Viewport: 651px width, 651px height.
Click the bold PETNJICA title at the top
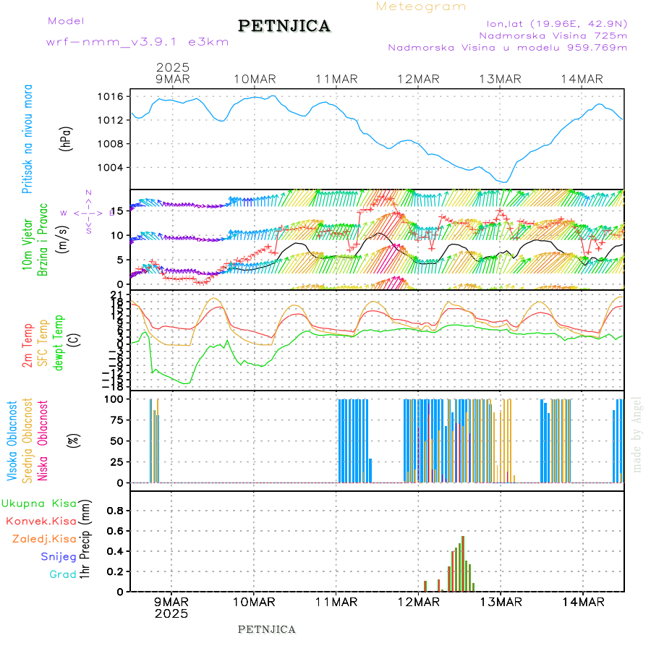[284, 26]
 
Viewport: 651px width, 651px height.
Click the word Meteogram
[421, 7]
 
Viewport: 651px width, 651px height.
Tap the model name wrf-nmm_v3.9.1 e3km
[137, 42]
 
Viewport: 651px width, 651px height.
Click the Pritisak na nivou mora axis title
[27, 138]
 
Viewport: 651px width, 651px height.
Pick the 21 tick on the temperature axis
[117, 294]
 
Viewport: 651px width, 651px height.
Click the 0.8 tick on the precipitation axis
[114, 510]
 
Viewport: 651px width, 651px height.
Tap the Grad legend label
[63, 574]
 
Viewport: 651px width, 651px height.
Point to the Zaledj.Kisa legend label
[44, 538]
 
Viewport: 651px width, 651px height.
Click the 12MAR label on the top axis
[418, 79]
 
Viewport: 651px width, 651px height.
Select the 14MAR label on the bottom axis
[582, 601]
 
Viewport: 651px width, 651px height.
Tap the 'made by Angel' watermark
[637, 434]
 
